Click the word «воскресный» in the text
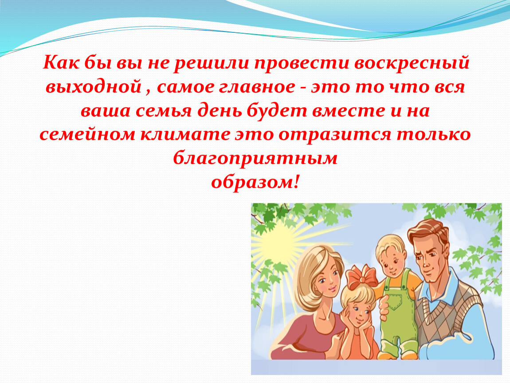click(412, 63)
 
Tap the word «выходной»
click(93, 87)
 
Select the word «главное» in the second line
click(257, 87)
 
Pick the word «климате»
click(185, 134)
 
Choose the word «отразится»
click(335, 134)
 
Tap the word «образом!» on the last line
click(255, 182)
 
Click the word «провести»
click(302, 63)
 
